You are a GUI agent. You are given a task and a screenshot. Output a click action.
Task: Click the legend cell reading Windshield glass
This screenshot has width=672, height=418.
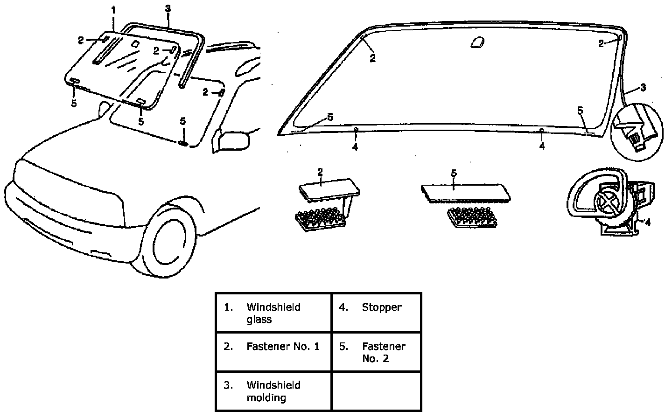coord(273,313)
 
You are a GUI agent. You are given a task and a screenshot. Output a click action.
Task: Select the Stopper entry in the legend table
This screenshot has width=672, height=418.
coord(376,313)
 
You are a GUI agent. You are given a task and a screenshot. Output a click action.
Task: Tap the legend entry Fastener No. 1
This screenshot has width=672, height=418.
coord(273,352)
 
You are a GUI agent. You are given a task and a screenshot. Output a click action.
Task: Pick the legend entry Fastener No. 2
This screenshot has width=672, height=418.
coord(376,352)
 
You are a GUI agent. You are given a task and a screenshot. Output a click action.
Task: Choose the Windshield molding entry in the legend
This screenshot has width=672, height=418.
coord(273,391)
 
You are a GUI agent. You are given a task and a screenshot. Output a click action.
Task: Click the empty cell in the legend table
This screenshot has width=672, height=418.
coord(376,391)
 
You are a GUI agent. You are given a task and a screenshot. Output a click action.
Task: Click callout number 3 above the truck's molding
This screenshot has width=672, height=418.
coord(168,8)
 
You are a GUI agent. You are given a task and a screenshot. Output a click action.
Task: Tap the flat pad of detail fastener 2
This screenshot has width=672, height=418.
coord(329,189)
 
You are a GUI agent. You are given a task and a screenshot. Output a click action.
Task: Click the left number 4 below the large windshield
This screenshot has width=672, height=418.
coord(355,146)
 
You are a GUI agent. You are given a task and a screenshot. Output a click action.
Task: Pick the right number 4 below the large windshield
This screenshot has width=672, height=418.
coord(542,146)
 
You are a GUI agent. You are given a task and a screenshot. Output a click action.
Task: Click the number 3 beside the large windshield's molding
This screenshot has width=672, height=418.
coord(643,88)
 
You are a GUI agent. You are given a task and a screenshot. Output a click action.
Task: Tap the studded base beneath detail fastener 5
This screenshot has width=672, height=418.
coord(471,218)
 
